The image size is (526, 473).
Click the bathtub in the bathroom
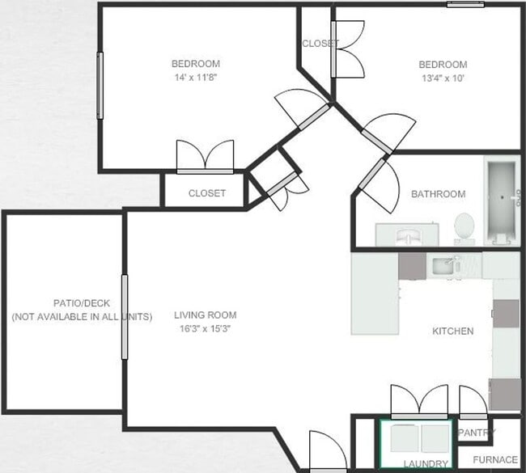502,200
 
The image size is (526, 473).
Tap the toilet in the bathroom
464,226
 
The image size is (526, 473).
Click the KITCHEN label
453,331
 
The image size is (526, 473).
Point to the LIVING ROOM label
206,315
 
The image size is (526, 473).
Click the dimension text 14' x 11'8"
195,78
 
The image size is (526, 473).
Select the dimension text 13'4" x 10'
442,78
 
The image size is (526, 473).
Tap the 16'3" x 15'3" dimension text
206,328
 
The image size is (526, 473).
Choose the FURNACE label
494,459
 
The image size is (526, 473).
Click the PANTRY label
477,433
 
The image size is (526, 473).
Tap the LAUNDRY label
426,463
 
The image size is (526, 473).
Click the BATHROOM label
438,194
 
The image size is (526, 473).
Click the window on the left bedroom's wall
100,86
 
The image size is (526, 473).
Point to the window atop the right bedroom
465,4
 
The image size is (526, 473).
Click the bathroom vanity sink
407,234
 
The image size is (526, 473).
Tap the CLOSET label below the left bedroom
206,193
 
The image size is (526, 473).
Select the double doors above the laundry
419,402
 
